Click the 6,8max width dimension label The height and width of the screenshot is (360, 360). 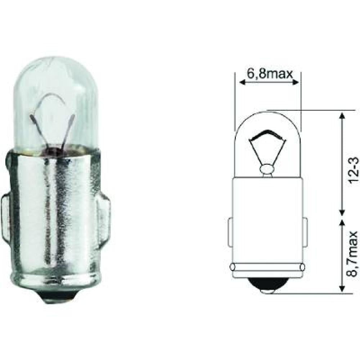(267, 73)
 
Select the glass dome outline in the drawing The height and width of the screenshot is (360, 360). (267, 122)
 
